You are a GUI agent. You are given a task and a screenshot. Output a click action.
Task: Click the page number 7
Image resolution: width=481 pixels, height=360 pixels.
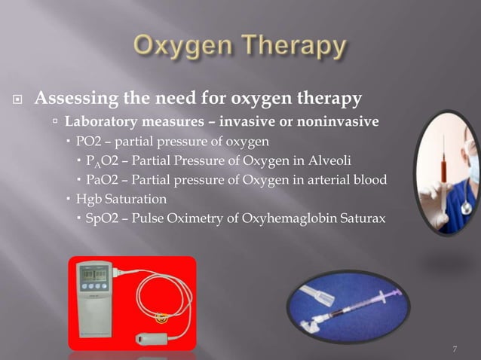(455, 348)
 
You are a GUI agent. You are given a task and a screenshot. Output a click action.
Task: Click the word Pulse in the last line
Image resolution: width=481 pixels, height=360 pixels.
(146, 218)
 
